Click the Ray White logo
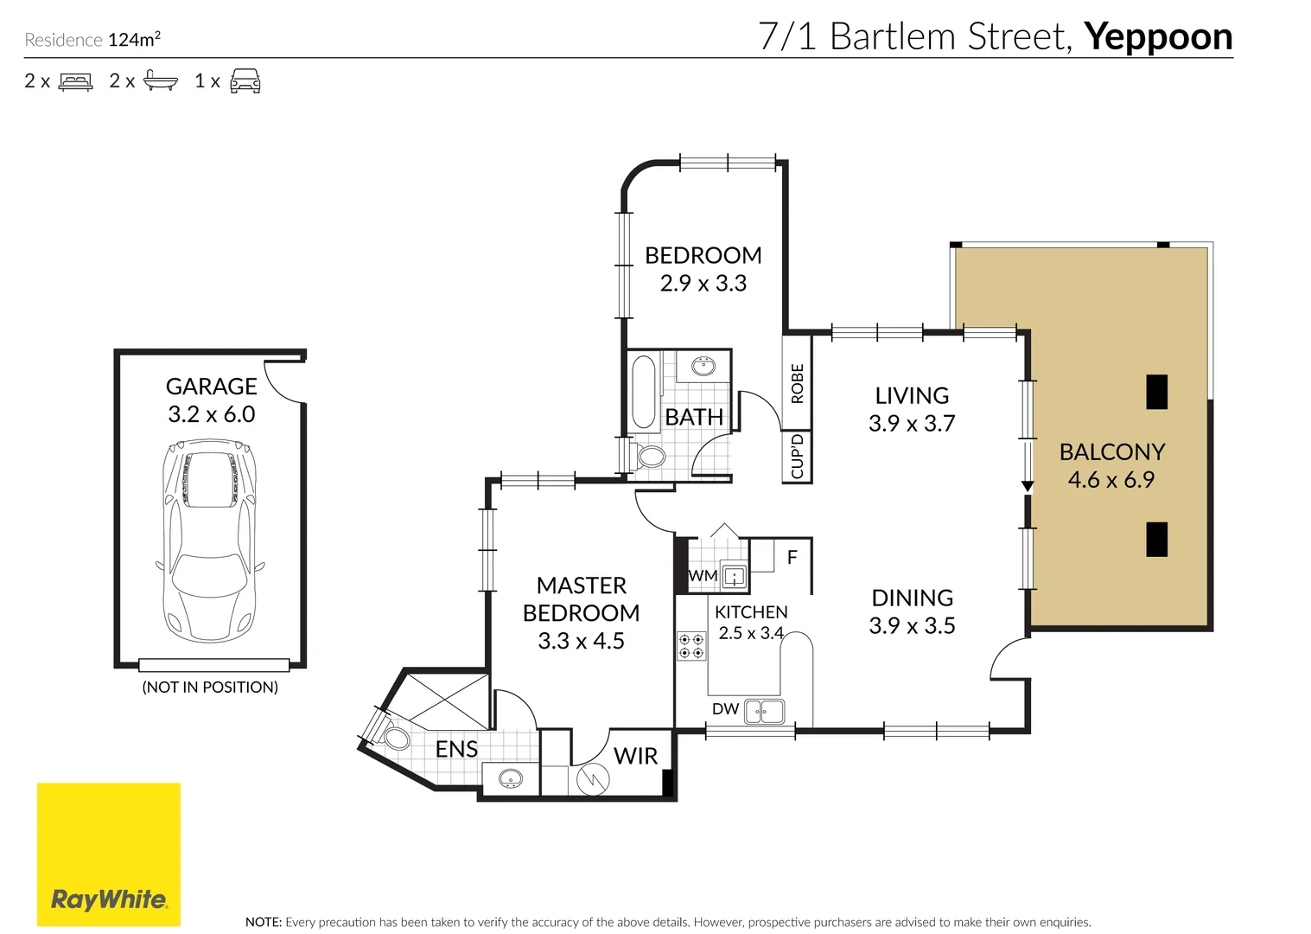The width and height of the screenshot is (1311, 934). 109,854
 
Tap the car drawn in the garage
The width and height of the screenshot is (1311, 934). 210,538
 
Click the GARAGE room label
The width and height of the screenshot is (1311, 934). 211,387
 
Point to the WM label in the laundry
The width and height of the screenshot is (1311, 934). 703,576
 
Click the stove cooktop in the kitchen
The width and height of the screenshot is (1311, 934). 691,645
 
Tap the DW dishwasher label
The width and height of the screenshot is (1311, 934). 725,709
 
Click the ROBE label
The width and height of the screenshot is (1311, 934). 798,383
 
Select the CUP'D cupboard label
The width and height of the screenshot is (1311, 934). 798,457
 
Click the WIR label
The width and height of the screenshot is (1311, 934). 636,757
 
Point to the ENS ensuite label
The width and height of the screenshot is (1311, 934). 456,749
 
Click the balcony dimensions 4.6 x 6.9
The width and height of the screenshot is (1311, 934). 1111,480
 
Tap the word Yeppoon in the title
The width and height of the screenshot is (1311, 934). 1158,36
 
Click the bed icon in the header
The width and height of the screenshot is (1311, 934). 76,82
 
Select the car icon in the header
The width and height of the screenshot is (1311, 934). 245,81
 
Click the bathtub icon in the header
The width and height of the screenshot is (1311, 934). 160,81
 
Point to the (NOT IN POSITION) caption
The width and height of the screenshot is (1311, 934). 210,688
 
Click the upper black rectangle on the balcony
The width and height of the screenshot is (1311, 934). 1156,392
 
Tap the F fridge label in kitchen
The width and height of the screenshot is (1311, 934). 792,558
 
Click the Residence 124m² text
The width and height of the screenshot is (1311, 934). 92,40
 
